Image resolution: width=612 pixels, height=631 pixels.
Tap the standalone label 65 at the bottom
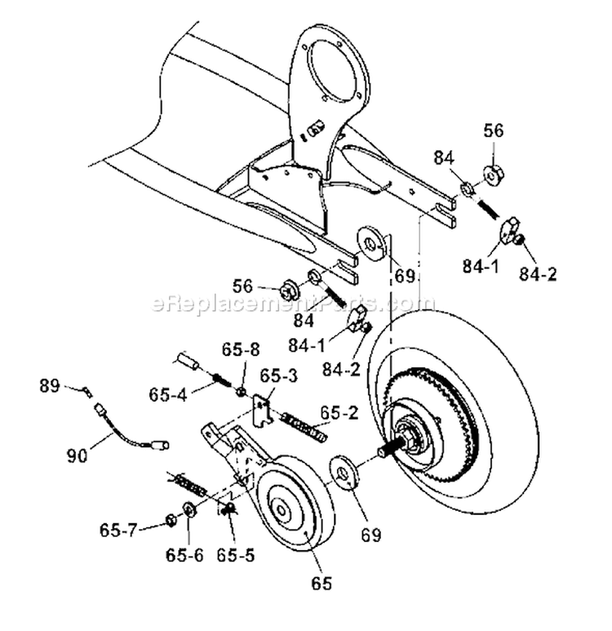pos(324,584)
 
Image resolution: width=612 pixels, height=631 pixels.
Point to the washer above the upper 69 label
pos(373,243)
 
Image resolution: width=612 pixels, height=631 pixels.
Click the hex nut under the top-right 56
pos(492,174)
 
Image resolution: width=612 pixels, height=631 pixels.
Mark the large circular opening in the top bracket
pos(329,64)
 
